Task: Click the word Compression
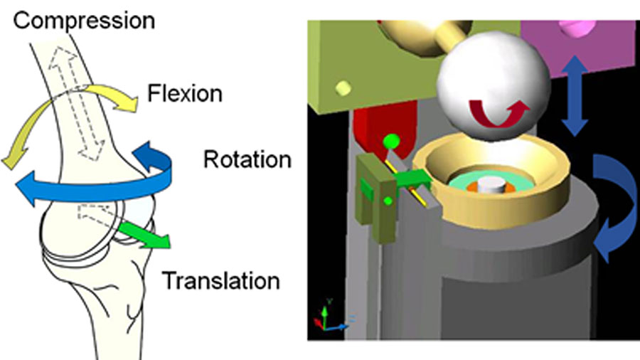(x=84, y=19)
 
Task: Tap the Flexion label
(x=184, y=92)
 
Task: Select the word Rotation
(x=247, y=159)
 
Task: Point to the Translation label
(x=221, y=280)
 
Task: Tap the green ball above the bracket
(x=389, y=142)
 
